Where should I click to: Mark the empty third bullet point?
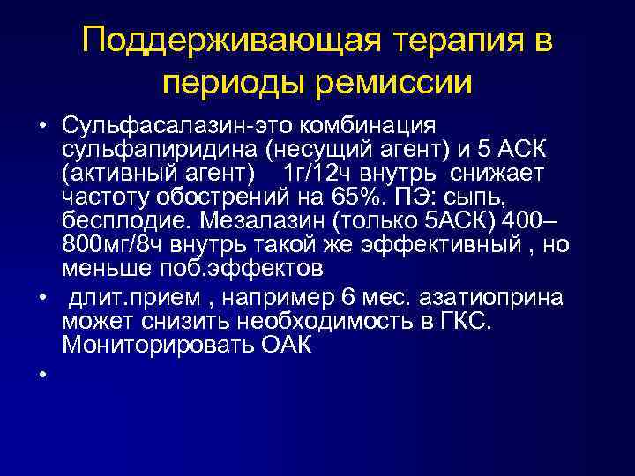point(41,377)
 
